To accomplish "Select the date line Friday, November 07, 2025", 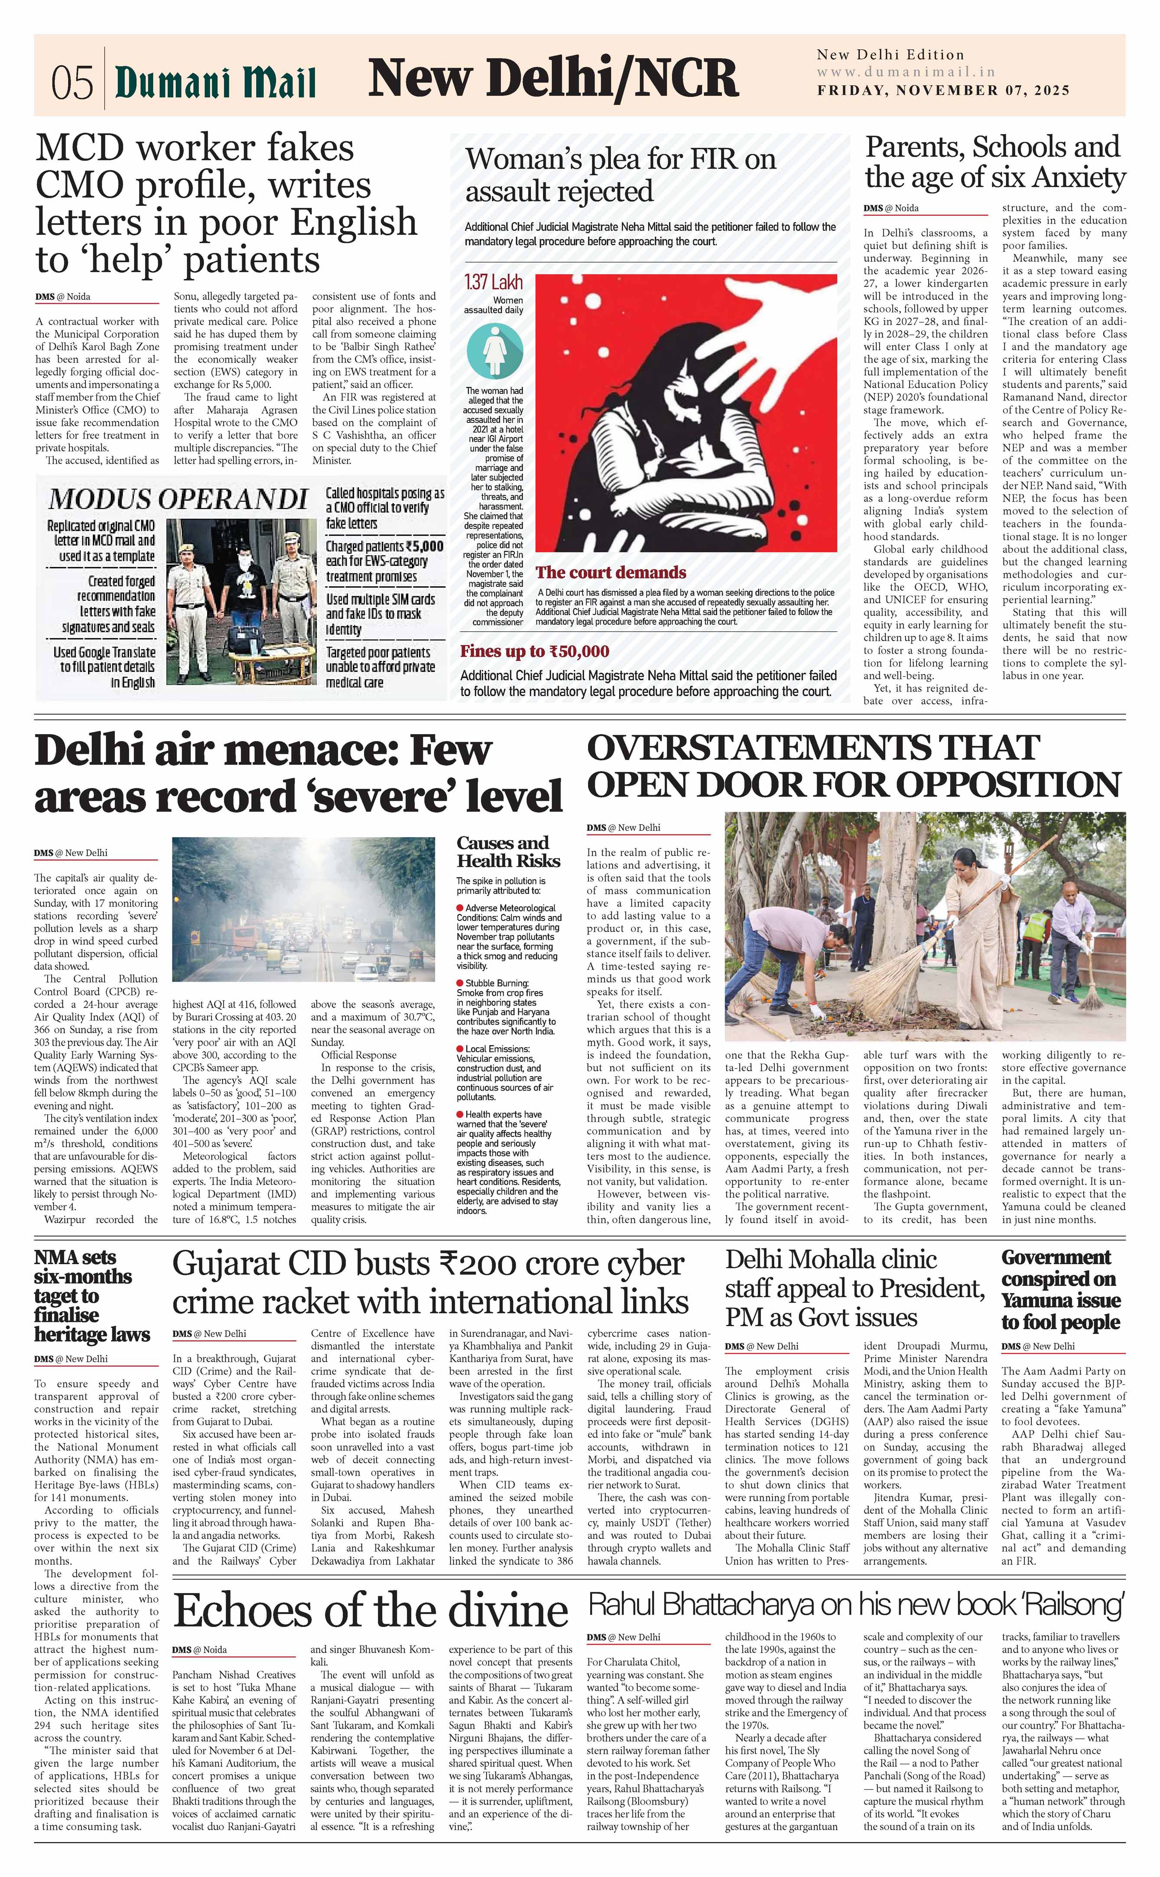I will coord(943,91).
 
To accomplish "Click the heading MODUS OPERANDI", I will coord(178,499).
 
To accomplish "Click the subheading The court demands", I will coord(611,572).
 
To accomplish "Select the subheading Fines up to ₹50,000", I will coord(535,651).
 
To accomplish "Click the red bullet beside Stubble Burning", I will coord(460,982).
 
